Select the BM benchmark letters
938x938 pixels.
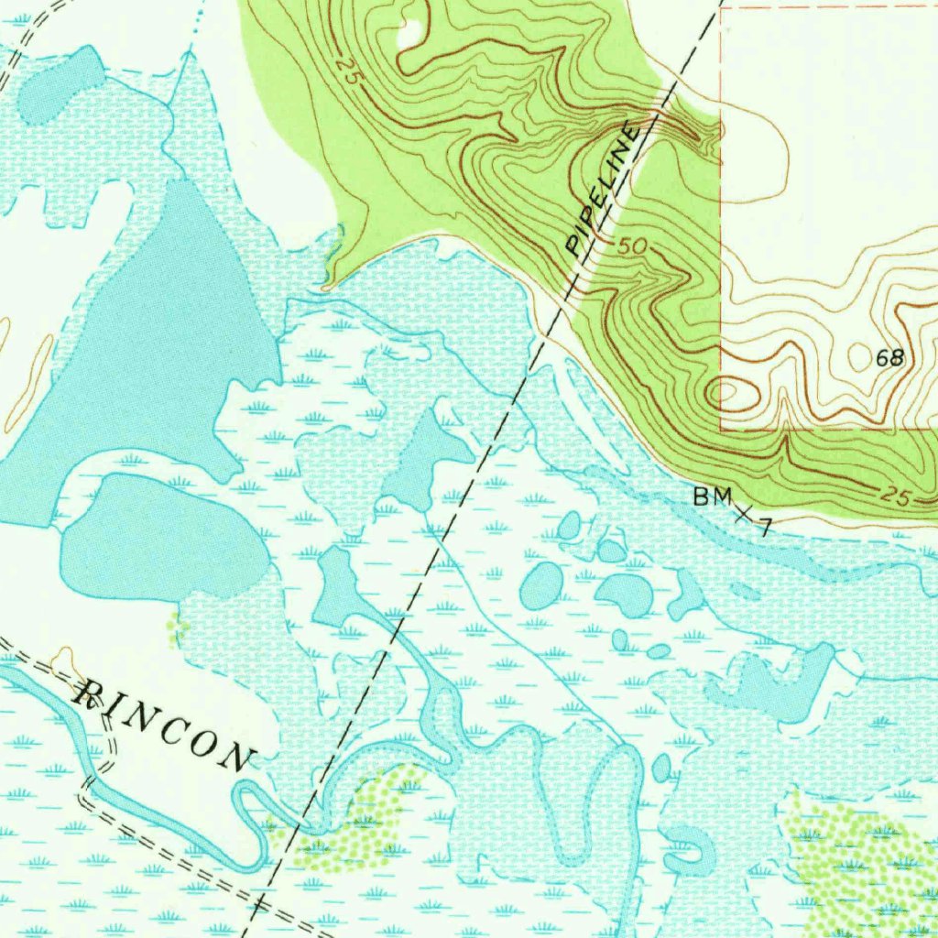(x=713, y=497)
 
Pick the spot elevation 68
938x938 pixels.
(x=889, y=358)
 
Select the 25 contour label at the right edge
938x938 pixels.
(x=897, y=496)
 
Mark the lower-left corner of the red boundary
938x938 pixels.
(x=722, y=429)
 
